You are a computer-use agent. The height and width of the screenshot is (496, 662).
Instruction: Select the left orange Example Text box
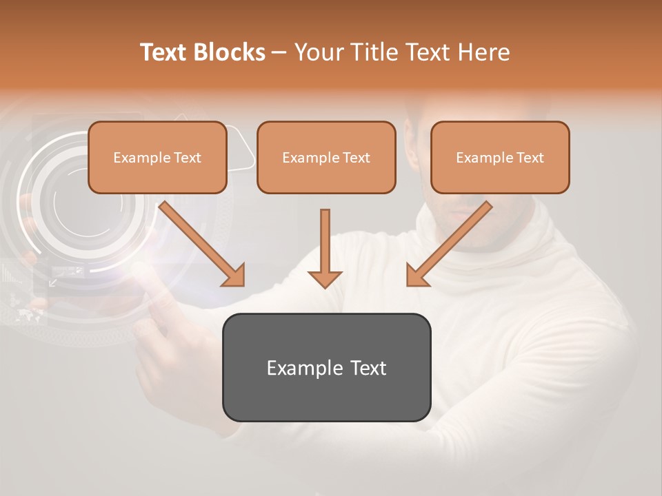tap(157, 157)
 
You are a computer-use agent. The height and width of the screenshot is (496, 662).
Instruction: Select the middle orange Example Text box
tap(326, 157)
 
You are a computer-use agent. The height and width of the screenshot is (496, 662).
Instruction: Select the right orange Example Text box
tap(500, 157)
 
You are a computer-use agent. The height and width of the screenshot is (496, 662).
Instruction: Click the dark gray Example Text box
tap(326, 367)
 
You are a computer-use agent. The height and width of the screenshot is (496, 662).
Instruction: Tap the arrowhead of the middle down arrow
tap(325, 278)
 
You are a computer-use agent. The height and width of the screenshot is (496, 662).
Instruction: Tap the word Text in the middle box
tap(356, 158)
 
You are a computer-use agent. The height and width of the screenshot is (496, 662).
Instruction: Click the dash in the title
tap(279, 52)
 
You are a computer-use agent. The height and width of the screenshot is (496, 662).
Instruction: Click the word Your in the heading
tap(317, 52)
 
